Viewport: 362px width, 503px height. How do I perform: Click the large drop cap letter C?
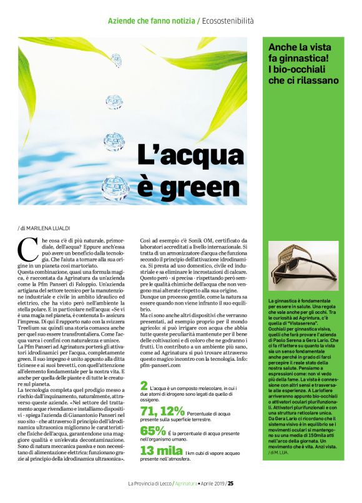click(x=27, y=250)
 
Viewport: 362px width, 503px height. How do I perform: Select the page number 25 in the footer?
click(x=230, y=483)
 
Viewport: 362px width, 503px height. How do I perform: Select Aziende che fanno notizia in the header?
click(x=151, y=21)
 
